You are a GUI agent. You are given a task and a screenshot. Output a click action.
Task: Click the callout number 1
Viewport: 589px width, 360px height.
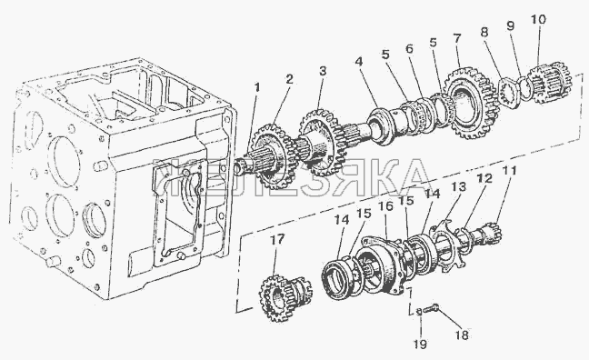257,87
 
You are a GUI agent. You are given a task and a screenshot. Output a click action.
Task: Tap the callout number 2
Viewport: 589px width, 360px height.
288,79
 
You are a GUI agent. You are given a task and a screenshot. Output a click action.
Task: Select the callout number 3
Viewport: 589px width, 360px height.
323,71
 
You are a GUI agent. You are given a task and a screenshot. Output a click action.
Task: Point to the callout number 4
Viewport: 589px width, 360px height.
359,61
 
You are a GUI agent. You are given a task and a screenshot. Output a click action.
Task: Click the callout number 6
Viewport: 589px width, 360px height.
409,48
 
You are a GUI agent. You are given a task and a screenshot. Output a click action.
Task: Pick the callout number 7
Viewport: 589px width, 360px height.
457,38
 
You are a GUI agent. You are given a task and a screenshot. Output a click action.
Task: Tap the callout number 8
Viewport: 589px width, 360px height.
484,32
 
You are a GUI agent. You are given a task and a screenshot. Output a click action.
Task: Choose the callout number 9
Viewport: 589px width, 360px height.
510,25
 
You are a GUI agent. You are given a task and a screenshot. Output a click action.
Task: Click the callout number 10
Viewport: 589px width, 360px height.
538,19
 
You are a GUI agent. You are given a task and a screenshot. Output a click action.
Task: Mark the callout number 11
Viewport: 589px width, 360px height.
510,171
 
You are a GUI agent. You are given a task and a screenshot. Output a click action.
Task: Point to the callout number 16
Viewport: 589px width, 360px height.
385,205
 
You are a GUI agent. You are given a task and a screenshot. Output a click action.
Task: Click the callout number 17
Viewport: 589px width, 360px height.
277,239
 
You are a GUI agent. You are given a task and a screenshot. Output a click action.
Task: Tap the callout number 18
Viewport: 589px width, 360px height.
462,335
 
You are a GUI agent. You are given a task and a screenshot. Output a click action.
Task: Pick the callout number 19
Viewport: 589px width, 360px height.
420,344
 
